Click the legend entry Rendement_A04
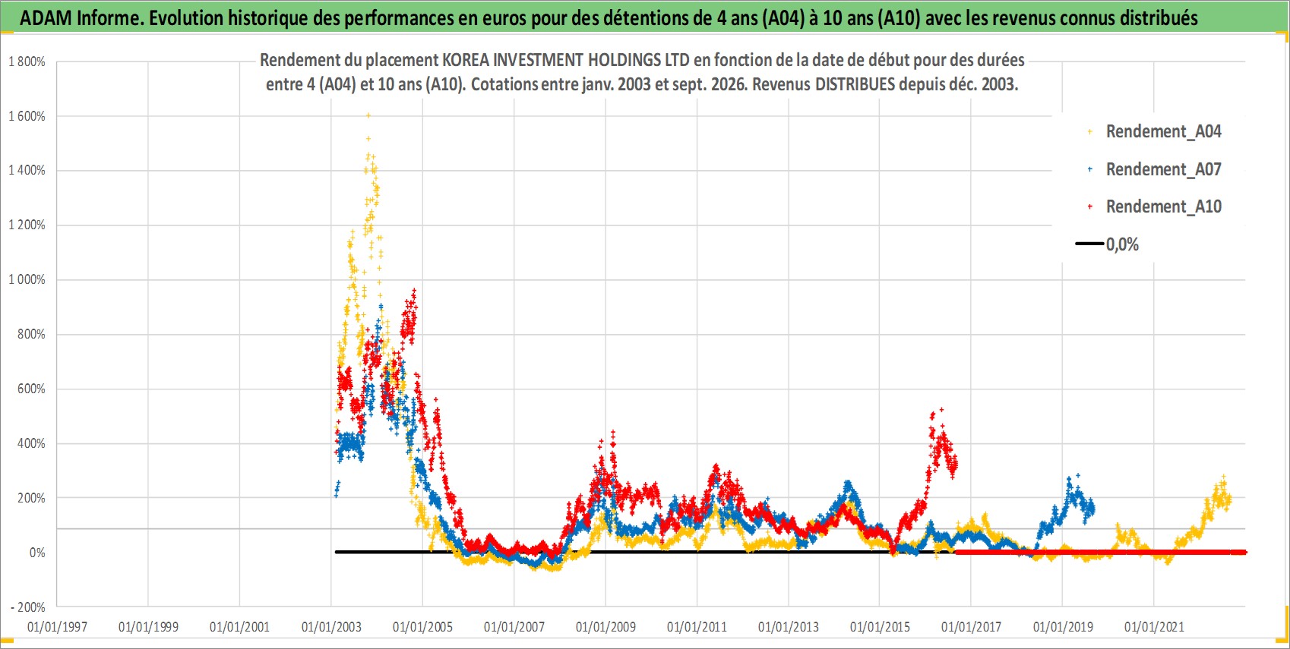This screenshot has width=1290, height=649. (x=1155, y=132)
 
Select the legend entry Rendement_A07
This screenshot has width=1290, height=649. (x=1155, y=170)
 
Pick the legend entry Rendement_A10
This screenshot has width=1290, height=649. (x=1155, y=206)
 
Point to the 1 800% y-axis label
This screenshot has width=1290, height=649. (x=27, y=61)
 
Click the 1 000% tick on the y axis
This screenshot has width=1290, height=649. (x=27, y=279)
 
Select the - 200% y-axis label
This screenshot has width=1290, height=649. (x=27, y=607)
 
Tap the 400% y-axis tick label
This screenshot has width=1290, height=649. (x=31, y=443)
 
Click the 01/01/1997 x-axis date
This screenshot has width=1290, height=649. (x=57, y=627)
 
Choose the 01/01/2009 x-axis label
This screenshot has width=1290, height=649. (x=605, y=627)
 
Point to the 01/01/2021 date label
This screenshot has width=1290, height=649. (x=1154, y=627)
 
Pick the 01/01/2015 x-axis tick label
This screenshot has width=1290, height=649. (x=880, y=627)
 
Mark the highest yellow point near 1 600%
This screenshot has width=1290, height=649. (x=368, y=115)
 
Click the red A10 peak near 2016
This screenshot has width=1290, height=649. (x=941, y=410)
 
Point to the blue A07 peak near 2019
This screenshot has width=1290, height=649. (x=1077, y=476)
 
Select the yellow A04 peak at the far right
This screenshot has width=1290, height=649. (x=1223, y=477)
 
